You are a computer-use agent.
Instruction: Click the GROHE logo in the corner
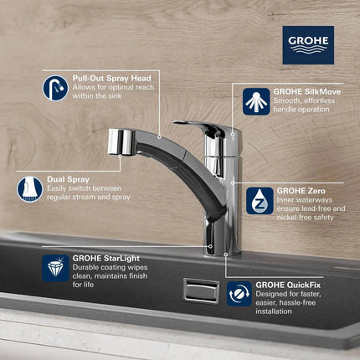coord(307,44)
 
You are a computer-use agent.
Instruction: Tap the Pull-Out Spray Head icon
coord(55,85)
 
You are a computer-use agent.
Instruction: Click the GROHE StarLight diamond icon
coord(55,268)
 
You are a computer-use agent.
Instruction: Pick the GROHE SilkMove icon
coord(256,100)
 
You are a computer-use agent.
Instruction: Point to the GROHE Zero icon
coord(257,199)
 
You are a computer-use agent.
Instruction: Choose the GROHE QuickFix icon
coord(239,293)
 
